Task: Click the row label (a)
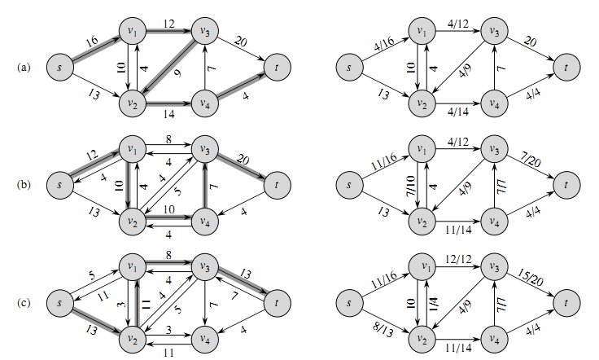[x=24, y=67]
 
